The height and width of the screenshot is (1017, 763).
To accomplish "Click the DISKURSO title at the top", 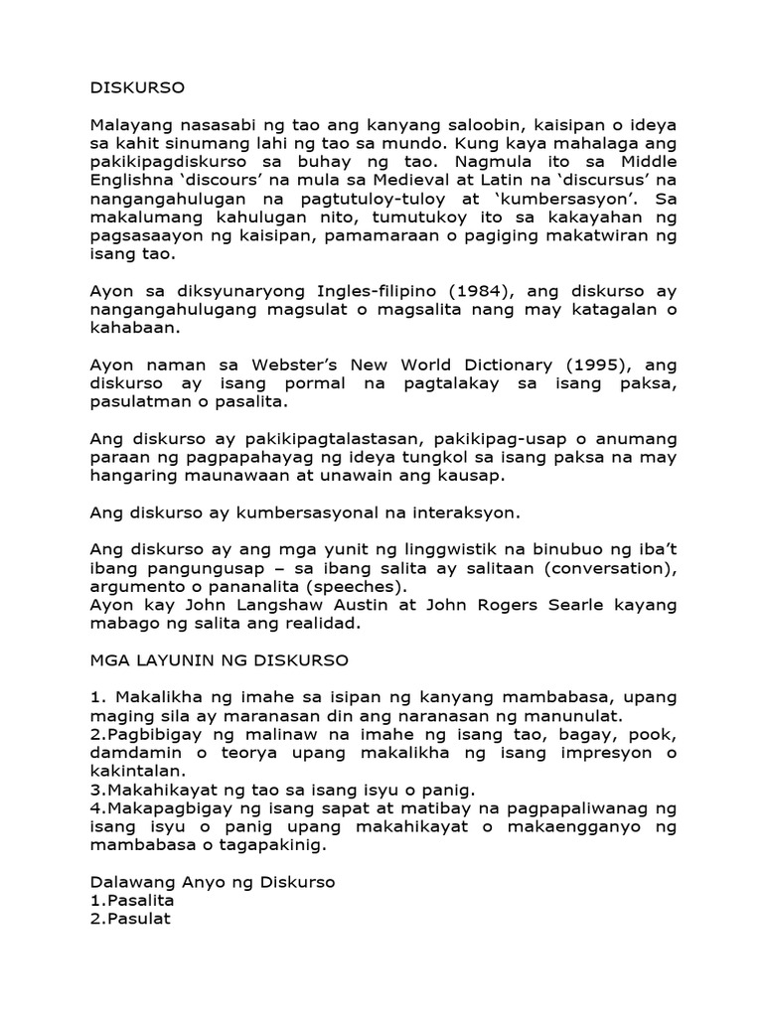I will click(137, 86).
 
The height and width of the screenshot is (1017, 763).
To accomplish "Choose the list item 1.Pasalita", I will click(132, 900).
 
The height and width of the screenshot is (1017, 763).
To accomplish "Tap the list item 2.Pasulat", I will click(130, 919).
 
